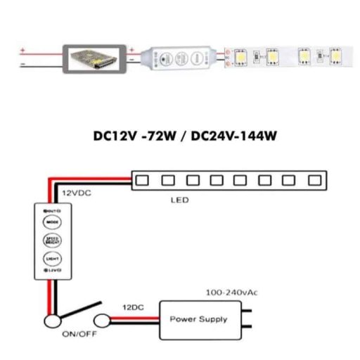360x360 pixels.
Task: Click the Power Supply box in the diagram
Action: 198,319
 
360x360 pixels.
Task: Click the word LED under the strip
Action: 180,200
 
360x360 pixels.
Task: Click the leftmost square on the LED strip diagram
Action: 143,180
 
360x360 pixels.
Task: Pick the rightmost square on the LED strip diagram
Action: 314,180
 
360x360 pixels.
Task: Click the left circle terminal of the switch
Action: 53,322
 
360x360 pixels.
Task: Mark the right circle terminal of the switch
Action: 103,322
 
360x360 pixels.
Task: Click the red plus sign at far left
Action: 24,49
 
